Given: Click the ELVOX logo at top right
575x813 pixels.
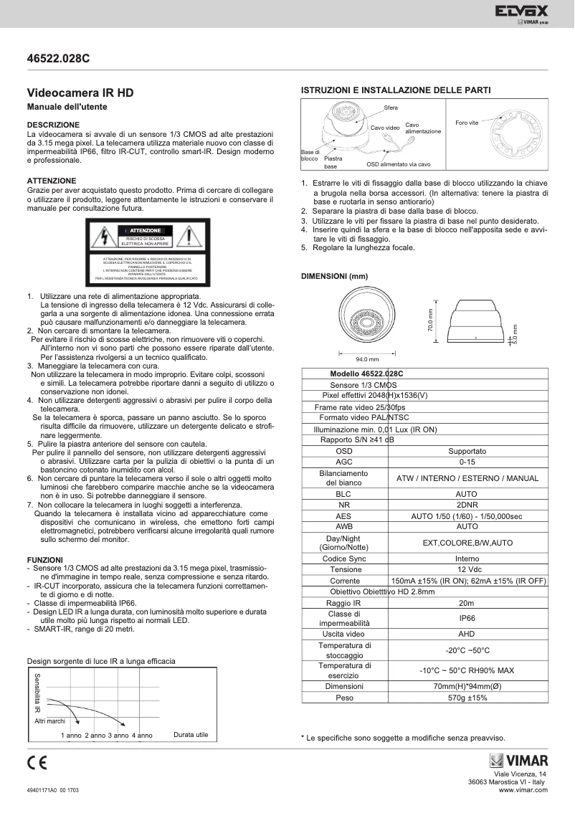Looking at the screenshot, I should click(x=521, y=12).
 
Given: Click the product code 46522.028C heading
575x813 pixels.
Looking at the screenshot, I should click(x=58, y=60).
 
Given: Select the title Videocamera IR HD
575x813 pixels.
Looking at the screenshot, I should click(x=80, y=93).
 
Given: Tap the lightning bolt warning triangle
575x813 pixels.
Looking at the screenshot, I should click(x=105, y=236).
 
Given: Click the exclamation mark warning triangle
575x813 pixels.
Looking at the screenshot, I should click(x=188, y=236).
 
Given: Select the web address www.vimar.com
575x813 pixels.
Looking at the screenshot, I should click(x=523, y=789).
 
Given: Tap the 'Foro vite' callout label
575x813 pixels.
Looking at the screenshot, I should click(x=466, y=123).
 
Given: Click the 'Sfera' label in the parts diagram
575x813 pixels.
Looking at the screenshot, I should click(x=390, y=108).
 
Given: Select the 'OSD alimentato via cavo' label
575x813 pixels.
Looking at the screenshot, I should click(x=393, y=164).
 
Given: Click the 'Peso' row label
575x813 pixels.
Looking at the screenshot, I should click(x=344, y=697).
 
